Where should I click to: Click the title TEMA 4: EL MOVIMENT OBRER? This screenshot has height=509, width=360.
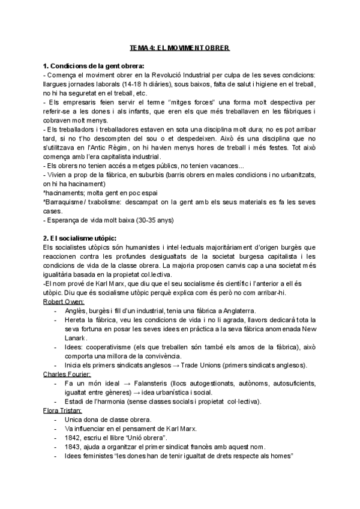point(180,47)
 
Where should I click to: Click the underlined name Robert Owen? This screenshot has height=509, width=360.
point(64,301)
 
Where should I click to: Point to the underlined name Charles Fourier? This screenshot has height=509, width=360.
point(67,374)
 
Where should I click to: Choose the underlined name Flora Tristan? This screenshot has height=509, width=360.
point(63,410)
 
